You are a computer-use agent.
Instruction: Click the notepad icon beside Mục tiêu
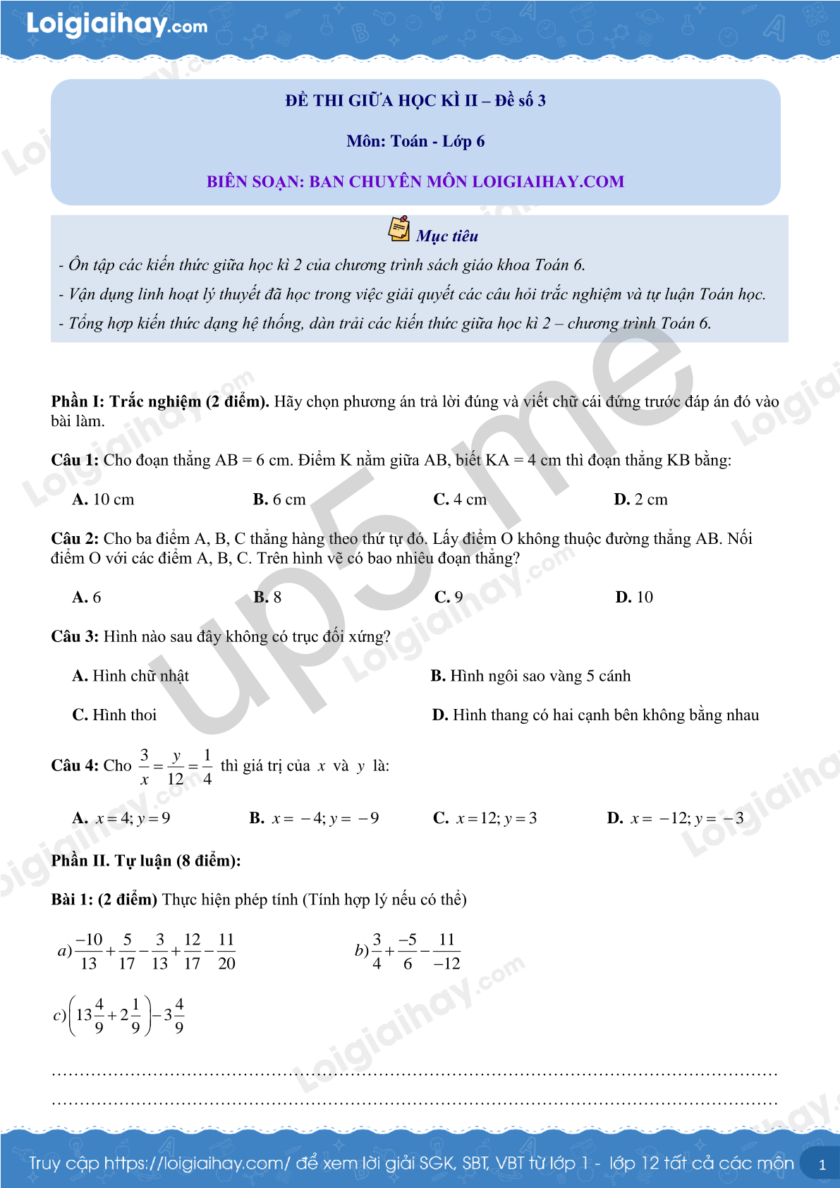click(399, 229)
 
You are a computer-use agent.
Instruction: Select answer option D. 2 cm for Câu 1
click(640, 499)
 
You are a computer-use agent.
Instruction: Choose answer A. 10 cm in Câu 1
click(103, 499)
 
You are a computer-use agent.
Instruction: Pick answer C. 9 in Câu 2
click(449, 598)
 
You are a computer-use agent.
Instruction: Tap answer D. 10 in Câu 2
click(634, 598)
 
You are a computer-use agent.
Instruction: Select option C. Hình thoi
click(114, 715)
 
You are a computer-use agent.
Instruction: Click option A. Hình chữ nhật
click(130, 676)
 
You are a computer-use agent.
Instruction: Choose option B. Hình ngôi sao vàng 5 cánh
click(530, 676)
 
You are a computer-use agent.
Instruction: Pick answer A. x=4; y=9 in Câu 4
click(121, 818)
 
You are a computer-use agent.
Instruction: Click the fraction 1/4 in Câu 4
click(207, 767)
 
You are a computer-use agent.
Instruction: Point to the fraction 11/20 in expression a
click(226, 952)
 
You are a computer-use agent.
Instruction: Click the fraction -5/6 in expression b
click(408, 952)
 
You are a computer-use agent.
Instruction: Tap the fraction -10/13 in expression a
click(89, 952)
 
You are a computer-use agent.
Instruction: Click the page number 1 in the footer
click(822, 1165)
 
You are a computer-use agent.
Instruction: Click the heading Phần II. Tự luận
click(146, 861)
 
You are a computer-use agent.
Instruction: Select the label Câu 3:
click(75, 637)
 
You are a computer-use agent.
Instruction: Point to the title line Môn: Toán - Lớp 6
click(415, 141)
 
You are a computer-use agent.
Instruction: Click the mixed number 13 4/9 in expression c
click(90, 1016)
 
